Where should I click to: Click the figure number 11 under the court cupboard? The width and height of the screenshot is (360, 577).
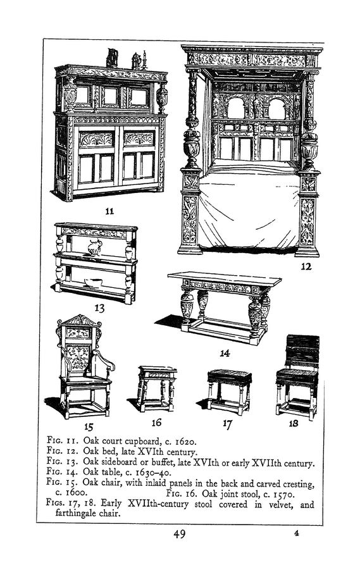pos(109,211)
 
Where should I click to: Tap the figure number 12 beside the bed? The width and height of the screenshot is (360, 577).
pos(306,266)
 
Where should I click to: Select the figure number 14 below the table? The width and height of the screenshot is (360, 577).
pos(225,353)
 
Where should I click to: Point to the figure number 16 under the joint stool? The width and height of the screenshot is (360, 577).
pos(156,423)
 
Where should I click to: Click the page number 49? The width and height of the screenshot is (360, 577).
pos(179,533)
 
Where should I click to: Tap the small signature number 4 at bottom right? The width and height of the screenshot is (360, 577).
pos(296,533)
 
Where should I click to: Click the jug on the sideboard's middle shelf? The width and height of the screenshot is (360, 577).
pos(95,247)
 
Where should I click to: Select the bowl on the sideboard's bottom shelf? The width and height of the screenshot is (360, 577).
pos(93,282)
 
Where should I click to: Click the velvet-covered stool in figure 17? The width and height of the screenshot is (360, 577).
pos(229,392)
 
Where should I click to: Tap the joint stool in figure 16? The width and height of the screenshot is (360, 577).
pos(156,388)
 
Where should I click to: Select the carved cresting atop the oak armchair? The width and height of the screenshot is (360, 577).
pos(79,321)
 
